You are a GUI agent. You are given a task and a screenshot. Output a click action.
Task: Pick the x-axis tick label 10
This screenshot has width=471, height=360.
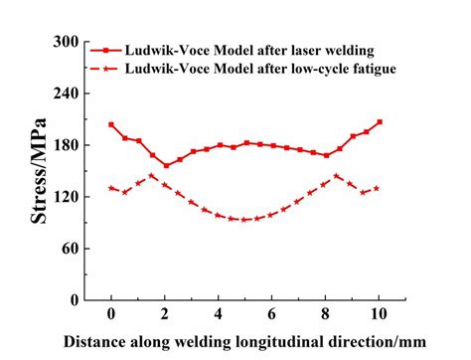coord(379,314)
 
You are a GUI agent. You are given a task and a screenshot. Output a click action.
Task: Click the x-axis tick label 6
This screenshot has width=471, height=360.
coord(272,314)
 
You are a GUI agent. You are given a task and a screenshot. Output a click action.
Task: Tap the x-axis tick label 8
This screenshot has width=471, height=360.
coord(326,314)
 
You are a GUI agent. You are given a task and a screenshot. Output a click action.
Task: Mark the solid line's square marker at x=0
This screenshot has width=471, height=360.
coord(111,125)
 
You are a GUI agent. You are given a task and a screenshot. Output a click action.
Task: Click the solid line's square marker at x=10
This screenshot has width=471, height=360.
coord(380,122)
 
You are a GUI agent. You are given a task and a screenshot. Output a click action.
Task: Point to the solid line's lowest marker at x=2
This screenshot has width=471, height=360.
coord(165,165)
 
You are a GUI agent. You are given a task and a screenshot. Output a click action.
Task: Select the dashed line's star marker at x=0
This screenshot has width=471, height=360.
coord(111,187)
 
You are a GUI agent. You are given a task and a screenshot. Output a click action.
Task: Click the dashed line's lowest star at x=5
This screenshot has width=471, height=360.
coord(245,219)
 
